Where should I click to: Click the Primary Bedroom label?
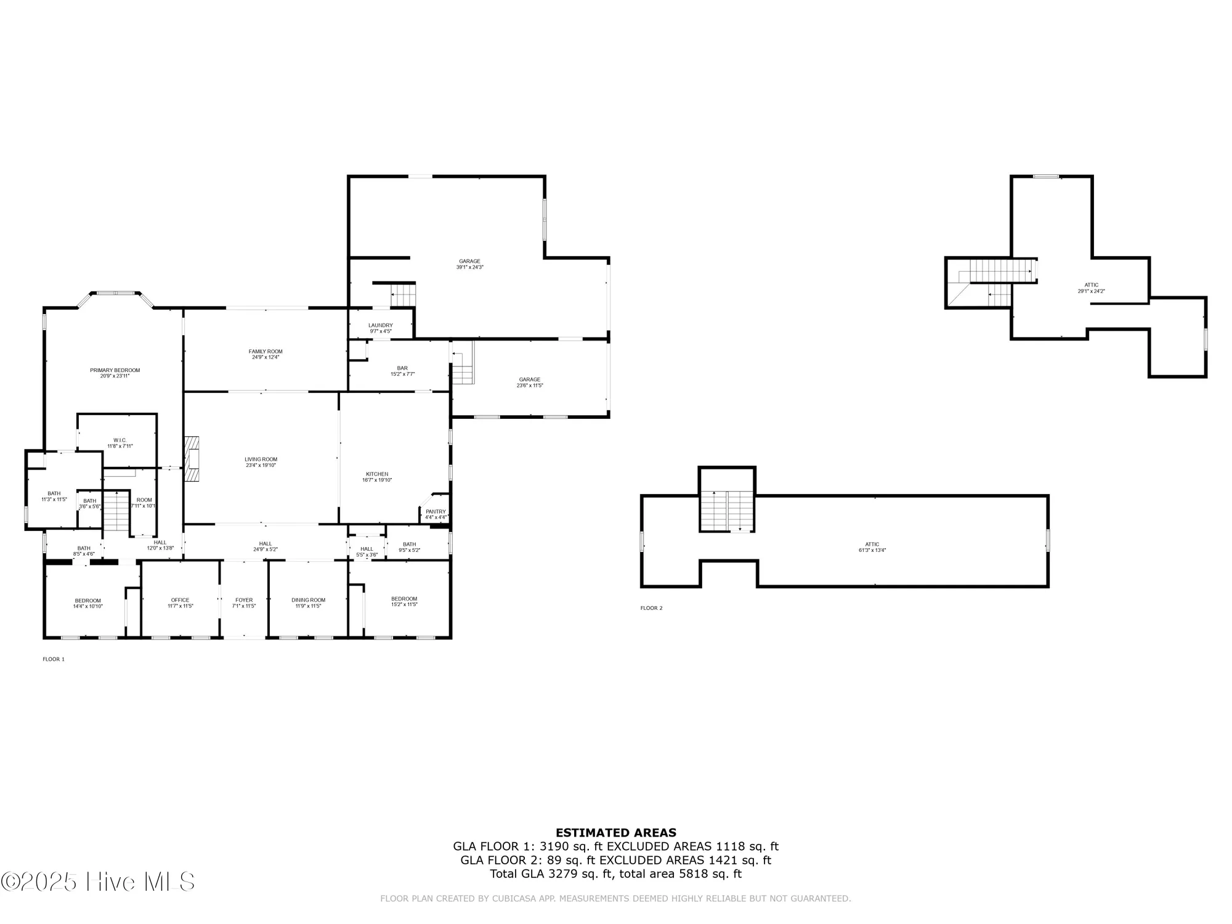115,370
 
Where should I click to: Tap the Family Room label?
265,352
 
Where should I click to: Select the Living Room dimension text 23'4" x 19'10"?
261,466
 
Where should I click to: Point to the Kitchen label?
377,474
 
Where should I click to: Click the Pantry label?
436,512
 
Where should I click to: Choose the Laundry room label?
381,325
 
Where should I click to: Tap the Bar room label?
402,368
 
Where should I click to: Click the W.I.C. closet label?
120,440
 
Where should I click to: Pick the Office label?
180,600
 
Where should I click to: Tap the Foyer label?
244,600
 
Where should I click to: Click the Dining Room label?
309,600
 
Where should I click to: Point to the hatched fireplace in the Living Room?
192,460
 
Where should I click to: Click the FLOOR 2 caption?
651,608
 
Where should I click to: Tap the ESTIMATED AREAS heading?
616,833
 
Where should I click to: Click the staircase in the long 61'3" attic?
727,511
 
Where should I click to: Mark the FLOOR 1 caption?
53,659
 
